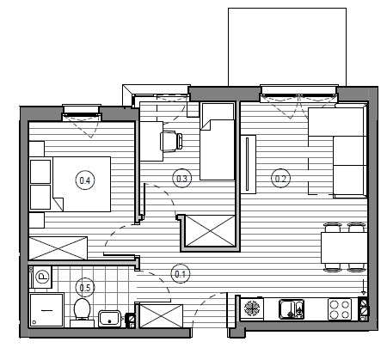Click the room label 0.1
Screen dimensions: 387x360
tap(181, 274)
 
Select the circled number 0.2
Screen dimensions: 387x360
tap(280, 178)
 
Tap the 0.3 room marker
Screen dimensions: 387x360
tap(181, 179)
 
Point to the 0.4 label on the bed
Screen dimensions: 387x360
tap(85, 180)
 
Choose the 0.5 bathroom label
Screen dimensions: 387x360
tap(85, 287)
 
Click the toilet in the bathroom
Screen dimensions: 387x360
tap(82, 312)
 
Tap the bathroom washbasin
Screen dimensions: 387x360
tap(110, 319)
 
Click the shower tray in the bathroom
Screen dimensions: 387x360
tap(46, 310)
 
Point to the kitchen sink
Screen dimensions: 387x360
tap(292, 308)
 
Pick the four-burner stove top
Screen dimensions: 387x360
tap(340, 308)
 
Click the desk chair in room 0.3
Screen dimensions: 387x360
tap(171, 141)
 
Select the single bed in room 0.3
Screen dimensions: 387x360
tap(218, 142)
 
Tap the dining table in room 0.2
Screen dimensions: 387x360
tap(344, 247)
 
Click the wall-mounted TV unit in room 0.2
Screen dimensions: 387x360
tap(248, 164)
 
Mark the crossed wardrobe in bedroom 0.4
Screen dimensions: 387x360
tap(58, 248)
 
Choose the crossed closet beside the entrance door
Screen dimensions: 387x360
tap(161, 316)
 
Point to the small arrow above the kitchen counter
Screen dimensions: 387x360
tap(364, 287)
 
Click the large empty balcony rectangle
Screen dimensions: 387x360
tap(287, 46)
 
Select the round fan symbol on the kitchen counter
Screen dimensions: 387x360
tap(252, 308)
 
